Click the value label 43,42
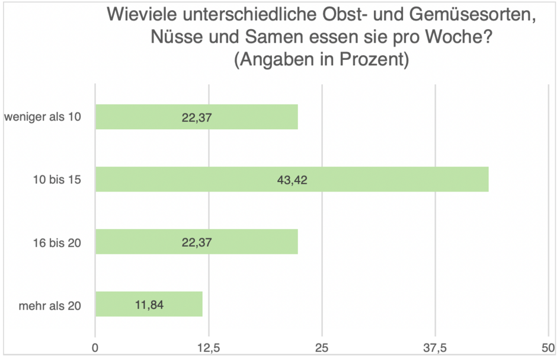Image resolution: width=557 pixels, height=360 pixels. pyautogui.click(x=292, y=179)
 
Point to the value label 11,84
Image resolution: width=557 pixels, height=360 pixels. pyautogui.click(x=148, y=305)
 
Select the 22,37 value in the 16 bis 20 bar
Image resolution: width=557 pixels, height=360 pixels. pyautogui.click(x=197, y=242)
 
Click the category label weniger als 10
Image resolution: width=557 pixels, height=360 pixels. pyautogui.click(x=42, y=117)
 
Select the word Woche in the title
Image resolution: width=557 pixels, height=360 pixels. pyautogui.click(x=456, y=38)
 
